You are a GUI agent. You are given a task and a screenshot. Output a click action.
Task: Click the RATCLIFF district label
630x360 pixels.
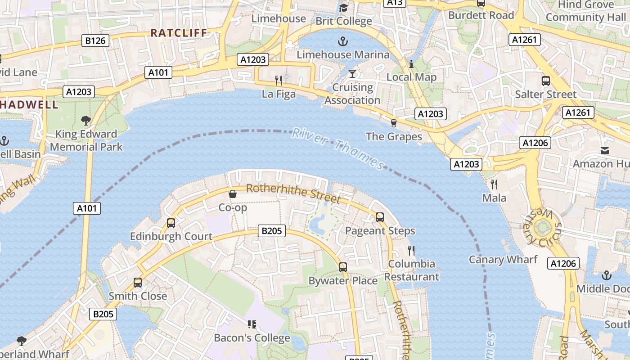179,33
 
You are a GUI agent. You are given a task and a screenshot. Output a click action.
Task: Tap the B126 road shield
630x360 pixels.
95,41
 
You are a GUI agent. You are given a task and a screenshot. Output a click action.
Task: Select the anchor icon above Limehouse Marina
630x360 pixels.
343,42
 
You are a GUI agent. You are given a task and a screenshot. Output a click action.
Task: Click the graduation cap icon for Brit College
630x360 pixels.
343,8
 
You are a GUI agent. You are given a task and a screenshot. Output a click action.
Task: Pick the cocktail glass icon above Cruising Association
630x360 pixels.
352,73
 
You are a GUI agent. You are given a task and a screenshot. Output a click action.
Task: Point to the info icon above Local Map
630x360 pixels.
411,64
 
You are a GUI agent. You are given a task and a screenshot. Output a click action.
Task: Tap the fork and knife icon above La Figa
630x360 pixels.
279,81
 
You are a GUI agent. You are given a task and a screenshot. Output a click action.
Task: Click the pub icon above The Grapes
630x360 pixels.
394,123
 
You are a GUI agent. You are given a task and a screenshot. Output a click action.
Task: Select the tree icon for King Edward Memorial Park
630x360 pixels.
85,121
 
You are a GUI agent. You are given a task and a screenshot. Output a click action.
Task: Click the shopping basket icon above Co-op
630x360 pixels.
233,194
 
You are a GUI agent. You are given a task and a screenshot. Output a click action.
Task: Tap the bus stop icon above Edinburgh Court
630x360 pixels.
171,223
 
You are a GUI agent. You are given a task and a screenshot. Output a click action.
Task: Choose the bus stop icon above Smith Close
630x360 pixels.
138,283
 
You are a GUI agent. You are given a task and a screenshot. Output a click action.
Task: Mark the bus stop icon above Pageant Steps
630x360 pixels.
380,217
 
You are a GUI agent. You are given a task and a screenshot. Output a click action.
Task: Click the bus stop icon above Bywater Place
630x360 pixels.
343,267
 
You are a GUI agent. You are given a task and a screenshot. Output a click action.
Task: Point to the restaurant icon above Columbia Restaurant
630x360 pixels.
411,250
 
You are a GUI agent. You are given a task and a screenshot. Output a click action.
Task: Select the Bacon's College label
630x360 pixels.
252,337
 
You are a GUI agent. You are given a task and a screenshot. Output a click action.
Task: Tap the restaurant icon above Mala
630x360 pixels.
494,184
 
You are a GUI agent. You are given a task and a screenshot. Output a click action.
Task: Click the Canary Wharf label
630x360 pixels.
503,260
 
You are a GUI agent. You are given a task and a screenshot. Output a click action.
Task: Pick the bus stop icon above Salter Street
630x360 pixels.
545,81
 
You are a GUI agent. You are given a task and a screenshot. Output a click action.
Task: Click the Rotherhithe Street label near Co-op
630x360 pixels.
293,192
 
